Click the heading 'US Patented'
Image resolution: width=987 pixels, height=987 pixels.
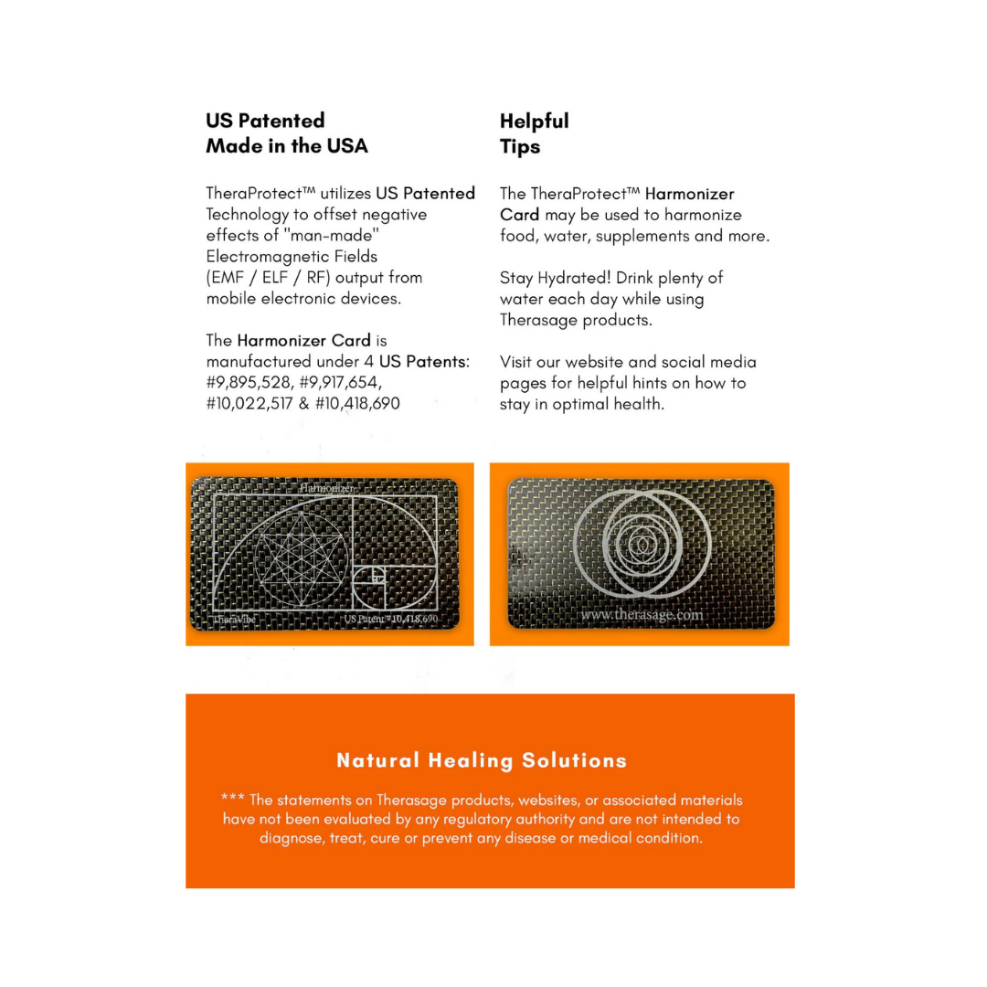coord(265,121)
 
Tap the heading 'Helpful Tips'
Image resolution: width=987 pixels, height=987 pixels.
coord(534,133)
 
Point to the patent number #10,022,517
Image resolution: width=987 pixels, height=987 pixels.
coord(252,403)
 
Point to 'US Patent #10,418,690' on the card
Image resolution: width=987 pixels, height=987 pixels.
coord(391,619)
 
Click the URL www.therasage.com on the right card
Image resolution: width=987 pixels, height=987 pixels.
coord(642,615)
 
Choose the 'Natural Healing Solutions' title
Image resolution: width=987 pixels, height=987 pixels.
coord(482,760)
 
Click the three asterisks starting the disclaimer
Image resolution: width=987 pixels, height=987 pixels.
coord(232,800)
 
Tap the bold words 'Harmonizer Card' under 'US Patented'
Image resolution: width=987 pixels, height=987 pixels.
coord(303,341)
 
